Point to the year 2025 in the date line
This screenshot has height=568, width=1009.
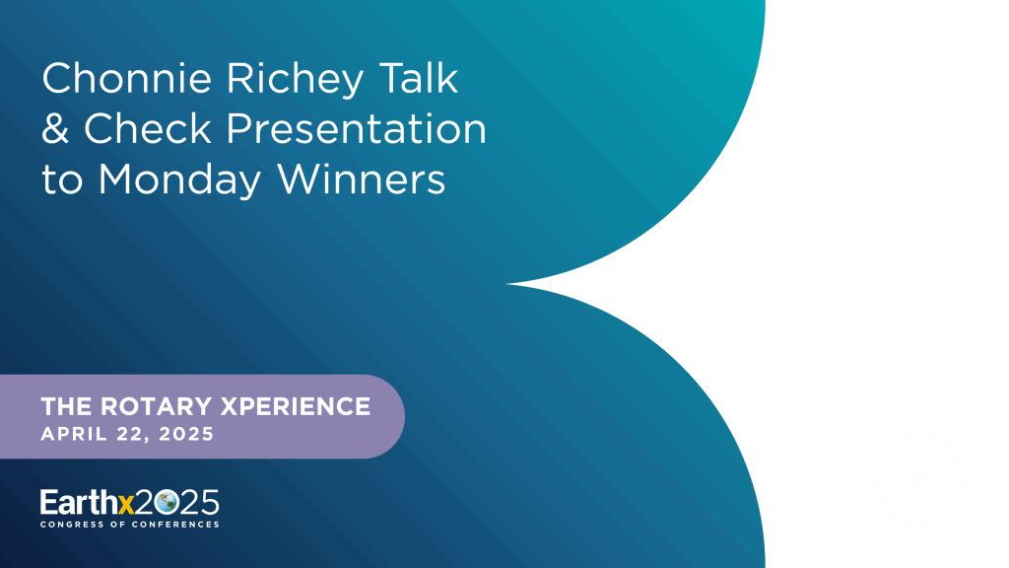(x=187, y=434)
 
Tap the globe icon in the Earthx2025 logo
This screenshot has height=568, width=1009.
(x=166, y=502)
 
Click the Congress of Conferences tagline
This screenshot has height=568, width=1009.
(x=129, y=525)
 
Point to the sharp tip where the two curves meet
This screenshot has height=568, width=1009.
(x=516, y=284)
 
